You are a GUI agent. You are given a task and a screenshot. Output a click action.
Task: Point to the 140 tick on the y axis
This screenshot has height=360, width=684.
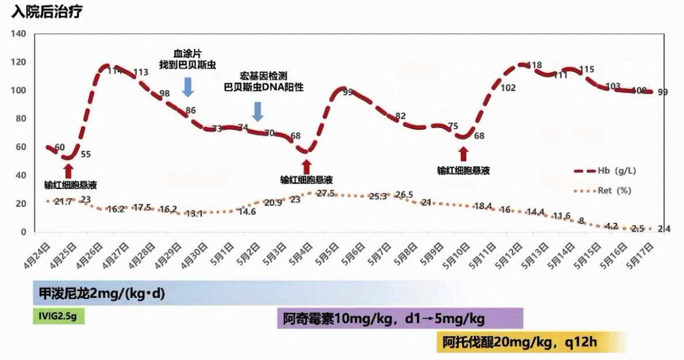pos(18,35)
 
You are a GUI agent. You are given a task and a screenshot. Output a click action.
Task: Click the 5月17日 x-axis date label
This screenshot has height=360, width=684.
pos(641,254)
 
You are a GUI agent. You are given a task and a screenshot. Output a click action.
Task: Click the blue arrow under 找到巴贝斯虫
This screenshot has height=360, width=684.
pos(188,86)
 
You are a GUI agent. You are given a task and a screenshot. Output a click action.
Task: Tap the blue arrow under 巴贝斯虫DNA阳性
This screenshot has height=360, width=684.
pos(258,111)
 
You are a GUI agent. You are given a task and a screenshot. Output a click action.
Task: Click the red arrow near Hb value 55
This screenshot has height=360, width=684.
pos(69,170)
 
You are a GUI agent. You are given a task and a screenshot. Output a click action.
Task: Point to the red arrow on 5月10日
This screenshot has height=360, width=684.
pos(463,154)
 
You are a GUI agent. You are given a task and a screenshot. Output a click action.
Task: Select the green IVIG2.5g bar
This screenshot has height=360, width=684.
pos(58,316)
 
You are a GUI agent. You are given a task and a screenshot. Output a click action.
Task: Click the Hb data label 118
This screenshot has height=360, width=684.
pos(535,65)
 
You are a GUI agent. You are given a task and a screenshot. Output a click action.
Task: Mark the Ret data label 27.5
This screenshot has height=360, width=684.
pos(326,194)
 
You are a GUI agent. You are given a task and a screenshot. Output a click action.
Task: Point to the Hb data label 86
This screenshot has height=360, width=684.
pos(191,111)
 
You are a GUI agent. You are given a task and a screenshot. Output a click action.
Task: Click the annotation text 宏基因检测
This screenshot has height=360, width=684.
pos(263,76)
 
